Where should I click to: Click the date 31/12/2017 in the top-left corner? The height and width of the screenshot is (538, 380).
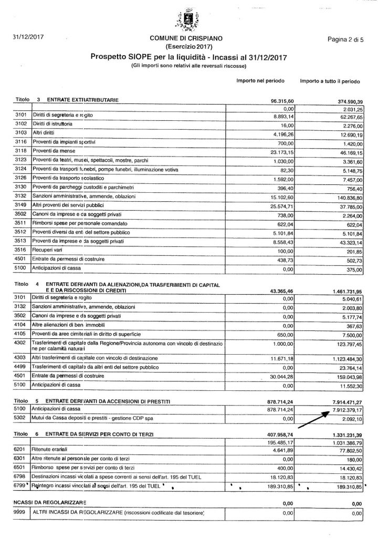[29, 37]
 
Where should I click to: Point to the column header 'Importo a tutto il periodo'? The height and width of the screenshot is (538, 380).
[330, 82]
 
